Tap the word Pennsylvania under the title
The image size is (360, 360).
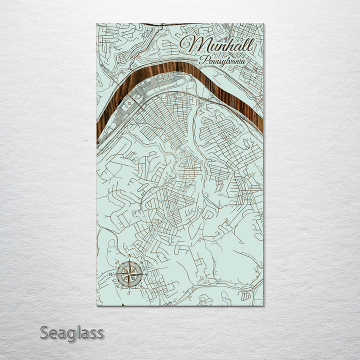pyautogui.click(x=222, y=60)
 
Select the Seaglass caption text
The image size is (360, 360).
pyautogui.click(x=71, y=332)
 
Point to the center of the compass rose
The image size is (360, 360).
pyautogui.click(x=129, y=274)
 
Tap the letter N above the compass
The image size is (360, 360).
pyautogui.click(x=129, y=256)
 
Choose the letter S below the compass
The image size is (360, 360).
pyautogui.click(x=128, y=292)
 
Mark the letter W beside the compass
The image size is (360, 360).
pyautogui.click(x=111, y=274)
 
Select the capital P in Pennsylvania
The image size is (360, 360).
pyautogui.click(x=201, y=59)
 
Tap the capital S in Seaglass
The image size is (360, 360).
pyautogui.click(x=44, y=332)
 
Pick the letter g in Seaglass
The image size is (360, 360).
pyautogui.click(x=69, y=334)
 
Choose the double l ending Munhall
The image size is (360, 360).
pyautogui.click(x=248, y=45)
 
